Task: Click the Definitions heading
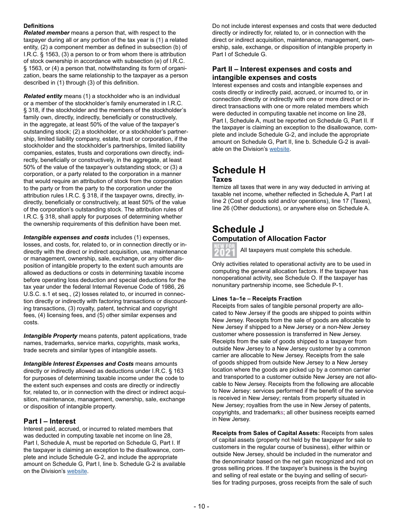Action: click(x=39, y=26)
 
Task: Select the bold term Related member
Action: click(x=46, y=33)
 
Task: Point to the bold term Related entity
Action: click(x=43, y=96)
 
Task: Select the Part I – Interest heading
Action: click(x=49, y=421)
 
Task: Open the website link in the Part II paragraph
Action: click(x=279, y=149)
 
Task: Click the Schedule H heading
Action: click(x=239, y=170)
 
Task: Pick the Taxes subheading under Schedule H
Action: click(x=222, y=179)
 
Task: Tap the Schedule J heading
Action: click(x=238, y=229)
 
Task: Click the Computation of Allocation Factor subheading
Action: click(x=269, y=239)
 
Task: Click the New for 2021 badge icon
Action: click(x=224, y=250)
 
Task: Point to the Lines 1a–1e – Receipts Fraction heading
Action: click(x=257, y=298)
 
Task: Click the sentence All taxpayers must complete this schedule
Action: click(x=290, y=250)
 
